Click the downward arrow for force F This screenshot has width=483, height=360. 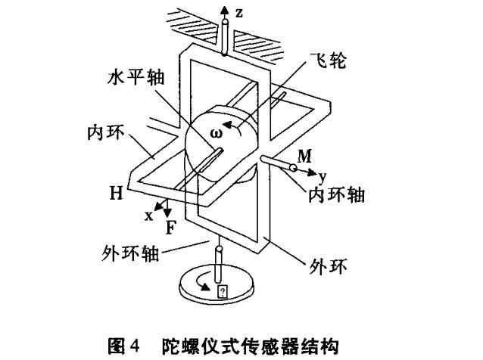167,211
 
